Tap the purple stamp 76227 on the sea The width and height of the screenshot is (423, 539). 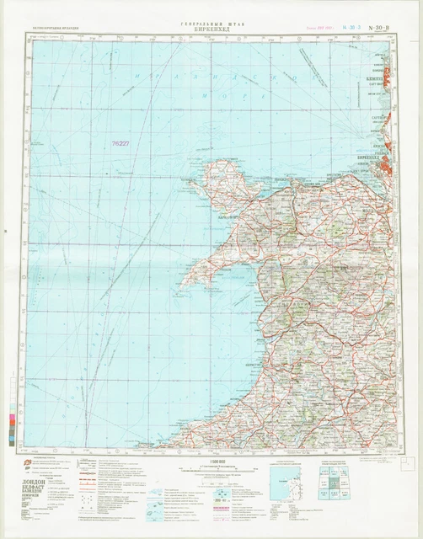coord(120,143)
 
